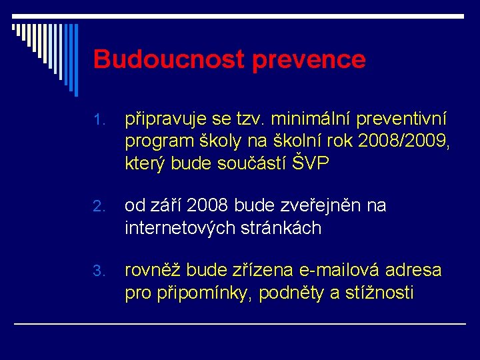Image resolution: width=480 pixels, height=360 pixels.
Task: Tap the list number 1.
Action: [99, 121]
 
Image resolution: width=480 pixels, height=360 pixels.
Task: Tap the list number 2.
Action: [99, 207]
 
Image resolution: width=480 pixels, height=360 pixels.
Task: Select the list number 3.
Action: [99, 271]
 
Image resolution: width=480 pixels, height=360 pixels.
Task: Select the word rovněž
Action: [153, 271]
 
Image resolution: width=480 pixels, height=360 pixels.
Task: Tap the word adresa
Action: [415, 270]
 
